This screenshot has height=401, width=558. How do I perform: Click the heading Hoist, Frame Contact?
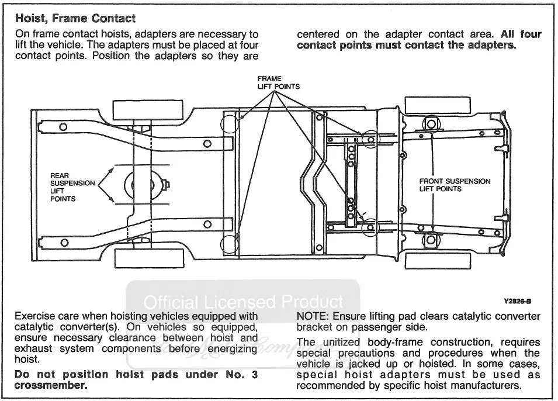click(x=75, y=19)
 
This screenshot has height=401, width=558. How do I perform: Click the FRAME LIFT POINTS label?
click(x=279, y=82)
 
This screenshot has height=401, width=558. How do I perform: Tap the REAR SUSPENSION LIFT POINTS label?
click(x=72, y=187)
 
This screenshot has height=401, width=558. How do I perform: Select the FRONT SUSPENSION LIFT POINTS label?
click(x=455, y=185)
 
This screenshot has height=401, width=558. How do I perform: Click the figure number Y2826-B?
click(x=518, y=301)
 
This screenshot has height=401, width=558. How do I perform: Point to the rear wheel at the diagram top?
click(x=148, y=110)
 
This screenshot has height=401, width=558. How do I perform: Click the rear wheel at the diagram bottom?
click(x=150, y=258)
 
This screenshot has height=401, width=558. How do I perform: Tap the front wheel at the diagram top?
click(x=438, y=105)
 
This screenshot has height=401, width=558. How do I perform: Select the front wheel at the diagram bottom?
click(x=438, y=261)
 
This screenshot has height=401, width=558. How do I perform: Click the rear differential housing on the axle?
click(x=143, y=185)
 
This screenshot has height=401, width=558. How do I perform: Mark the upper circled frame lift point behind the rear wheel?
click(x=229, y=123)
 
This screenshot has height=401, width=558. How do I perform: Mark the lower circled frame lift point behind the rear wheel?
click(x=229, y=244)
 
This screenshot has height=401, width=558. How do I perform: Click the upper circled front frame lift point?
click(x=370, y=139)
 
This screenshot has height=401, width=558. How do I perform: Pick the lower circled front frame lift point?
click(x=370, y=227)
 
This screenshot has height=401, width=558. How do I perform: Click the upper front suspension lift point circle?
click(x=431, y=125)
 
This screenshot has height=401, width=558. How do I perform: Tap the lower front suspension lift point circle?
click(x=431, y=239)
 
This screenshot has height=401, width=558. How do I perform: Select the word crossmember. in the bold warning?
click(x=51, y=385)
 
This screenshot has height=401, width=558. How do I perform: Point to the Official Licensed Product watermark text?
click(x=244, y=302)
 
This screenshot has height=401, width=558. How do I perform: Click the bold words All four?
click(x=521, y=34)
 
